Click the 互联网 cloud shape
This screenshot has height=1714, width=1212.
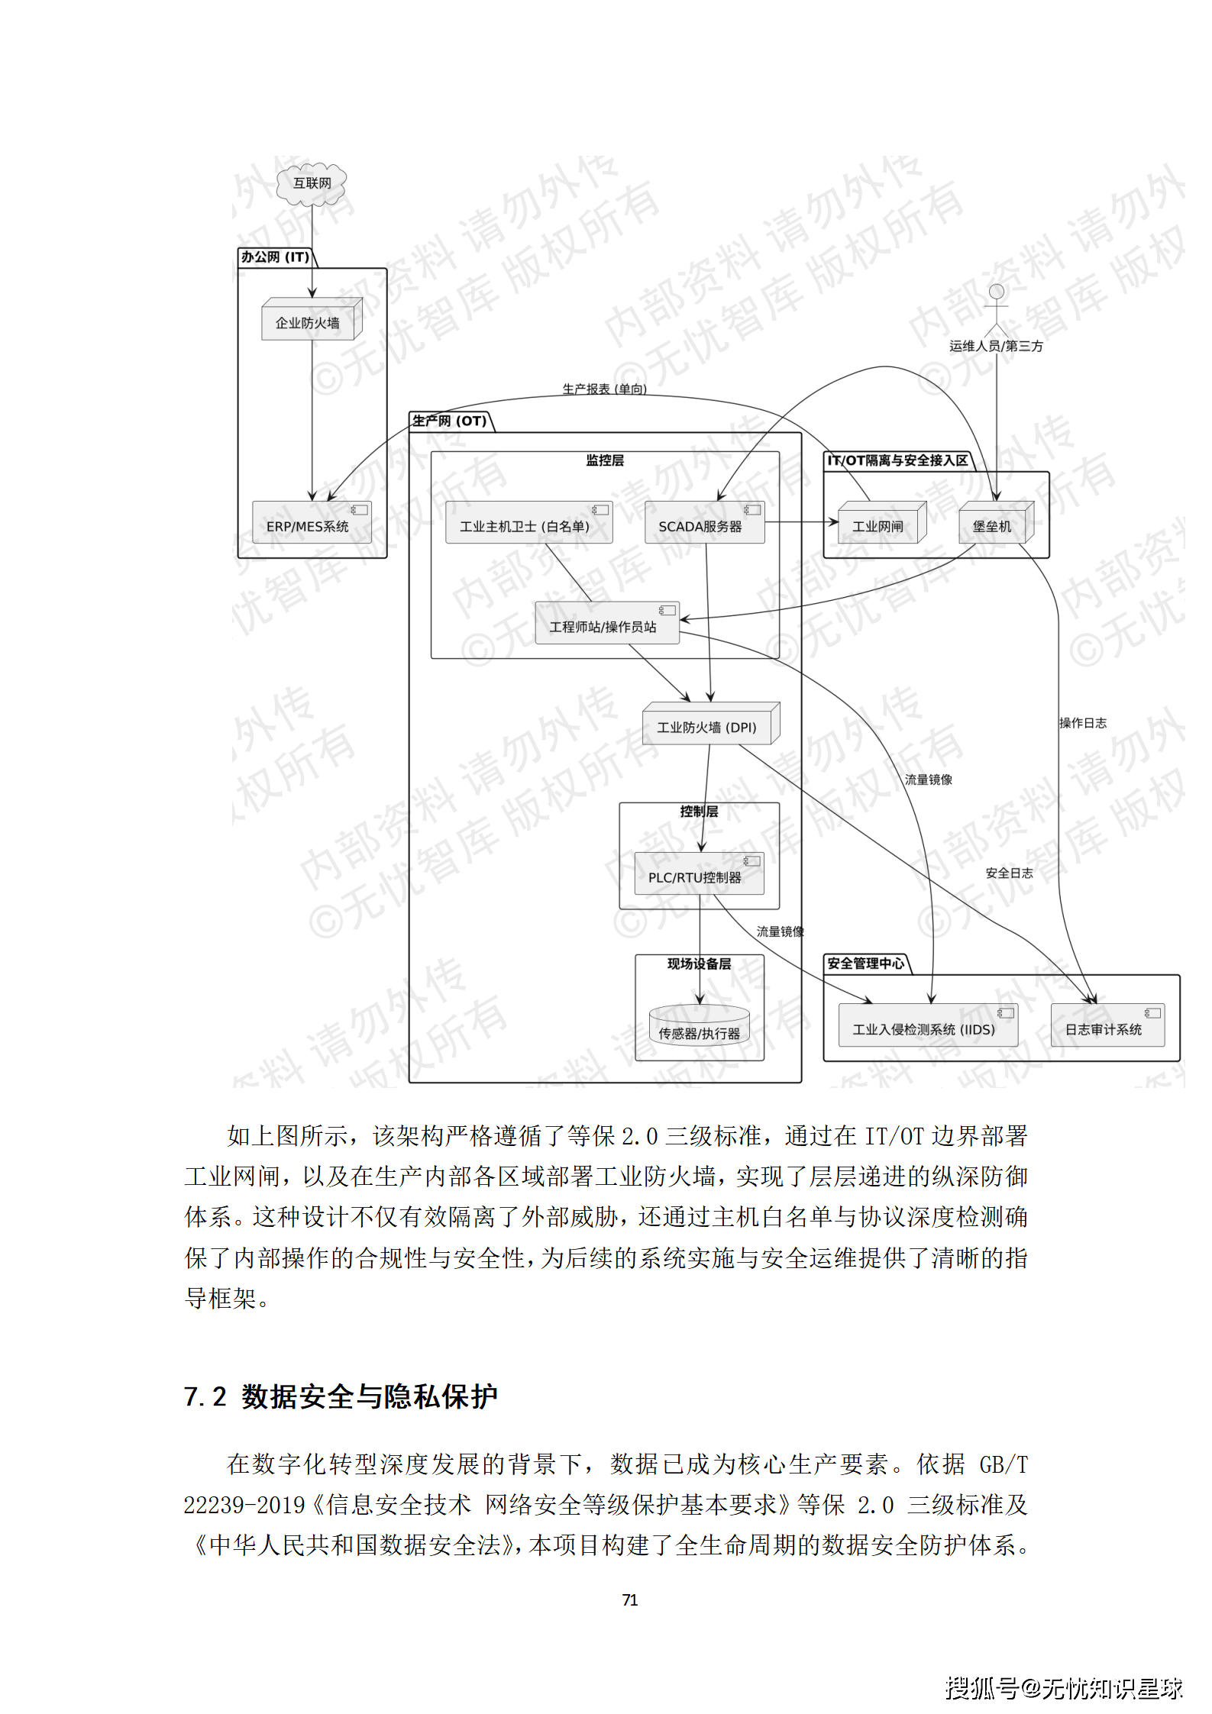coord(312,183)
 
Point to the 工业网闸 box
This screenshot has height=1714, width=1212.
coord(880,525)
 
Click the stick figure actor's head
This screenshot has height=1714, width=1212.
coord(996,292)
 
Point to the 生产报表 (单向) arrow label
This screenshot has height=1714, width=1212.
coord(604,389)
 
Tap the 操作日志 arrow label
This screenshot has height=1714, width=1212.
coord(1082,722)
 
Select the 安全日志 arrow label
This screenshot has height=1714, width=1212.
coord(1009,872)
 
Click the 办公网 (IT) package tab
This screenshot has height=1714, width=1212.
coord(276,257)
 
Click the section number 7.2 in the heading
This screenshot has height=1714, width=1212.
coord(205,1396)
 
